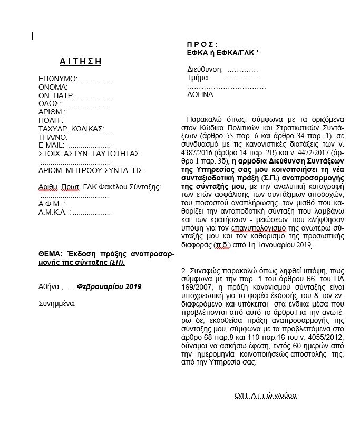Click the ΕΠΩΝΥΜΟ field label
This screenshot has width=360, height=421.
click(57, 79)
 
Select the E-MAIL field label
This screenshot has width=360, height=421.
click(51, 145)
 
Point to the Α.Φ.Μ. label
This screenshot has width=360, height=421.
click(51, 203)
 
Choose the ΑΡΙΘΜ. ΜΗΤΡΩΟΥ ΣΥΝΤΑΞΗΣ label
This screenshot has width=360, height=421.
click(91, 170)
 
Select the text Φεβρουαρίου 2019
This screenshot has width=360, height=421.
click(109, 286)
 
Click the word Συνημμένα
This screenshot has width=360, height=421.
click(57, 303)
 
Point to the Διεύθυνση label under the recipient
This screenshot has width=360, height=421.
click(205, 69)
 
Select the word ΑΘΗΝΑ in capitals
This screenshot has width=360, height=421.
click(200, 94)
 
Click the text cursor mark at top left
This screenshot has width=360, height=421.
click(33, 36)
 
